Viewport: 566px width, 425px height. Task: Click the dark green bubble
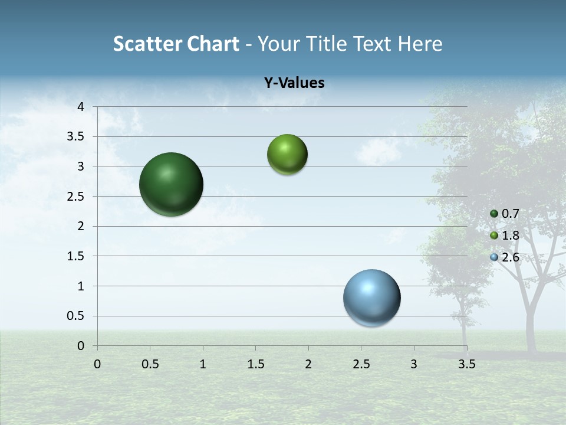pos(172,184)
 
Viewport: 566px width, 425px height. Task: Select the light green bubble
pos(287,154)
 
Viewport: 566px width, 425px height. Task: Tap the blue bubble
pos(371,297)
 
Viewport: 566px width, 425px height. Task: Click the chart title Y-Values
pos(294,83)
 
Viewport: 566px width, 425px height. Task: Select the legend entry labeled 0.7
pos(505,214)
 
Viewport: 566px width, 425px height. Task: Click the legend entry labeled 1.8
pos(505,236)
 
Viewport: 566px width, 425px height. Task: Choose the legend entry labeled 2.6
pos(505,257)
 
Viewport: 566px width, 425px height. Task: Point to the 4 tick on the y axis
pos(81,107)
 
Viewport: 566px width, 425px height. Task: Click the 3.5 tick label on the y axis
pos(77,137)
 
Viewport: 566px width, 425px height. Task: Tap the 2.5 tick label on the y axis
pos(77,197)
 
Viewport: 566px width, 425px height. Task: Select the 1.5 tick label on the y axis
pos(77,256)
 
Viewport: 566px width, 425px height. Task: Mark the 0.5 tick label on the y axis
pos(77,316)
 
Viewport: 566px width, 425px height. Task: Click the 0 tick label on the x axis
pos(97,364)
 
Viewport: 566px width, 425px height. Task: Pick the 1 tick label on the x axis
pos(203,364)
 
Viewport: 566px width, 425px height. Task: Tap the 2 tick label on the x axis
pos(308,364)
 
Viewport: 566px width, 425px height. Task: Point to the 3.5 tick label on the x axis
pos(466,364)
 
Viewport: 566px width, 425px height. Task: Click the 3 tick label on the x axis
pos(414,364)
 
